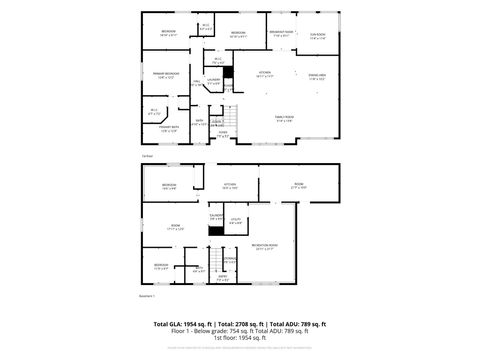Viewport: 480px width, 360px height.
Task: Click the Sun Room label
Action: click(318, 36)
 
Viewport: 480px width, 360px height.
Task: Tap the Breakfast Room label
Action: click(281, 33)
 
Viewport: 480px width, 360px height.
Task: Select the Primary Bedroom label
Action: click(165, 74)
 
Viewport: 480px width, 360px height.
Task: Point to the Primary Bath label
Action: click(168, 127)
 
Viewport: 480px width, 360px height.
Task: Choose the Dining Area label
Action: click(318, 76)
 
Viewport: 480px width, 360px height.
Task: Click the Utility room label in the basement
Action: click(236, 221)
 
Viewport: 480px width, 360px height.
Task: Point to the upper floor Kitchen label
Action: click(265, 74)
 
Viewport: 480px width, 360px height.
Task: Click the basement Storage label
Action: click(230, 261)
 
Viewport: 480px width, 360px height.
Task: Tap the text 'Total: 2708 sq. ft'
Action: click(238, 325)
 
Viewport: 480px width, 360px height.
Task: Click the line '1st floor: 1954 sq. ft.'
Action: click(240, 338)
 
